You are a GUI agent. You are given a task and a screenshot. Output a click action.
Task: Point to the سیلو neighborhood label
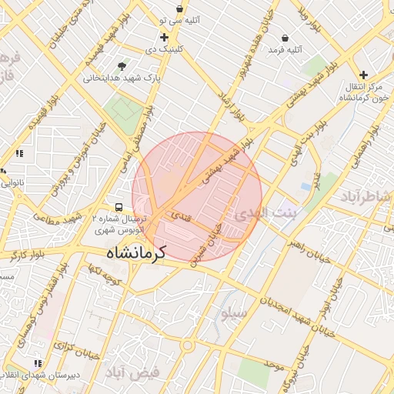click(x=233, y=314)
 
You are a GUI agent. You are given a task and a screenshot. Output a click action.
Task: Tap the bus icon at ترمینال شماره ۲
click(x=119, y=207)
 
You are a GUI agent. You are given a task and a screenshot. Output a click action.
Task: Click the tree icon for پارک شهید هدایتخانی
click(x=122, y=66)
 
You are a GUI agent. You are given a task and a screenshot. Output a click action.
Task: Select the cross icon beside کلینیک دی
click(x=164, y=37)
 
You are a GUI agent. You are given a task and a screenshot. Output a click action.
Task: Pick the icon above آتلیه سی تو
click(x=179, y=9)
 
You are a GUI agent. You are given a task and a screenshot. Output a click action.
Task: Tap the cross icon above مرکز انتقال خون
click(x=363, y=75)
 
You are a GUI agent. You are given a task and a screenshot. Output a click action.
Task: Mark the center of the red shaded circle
click(x=197, y=196)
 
